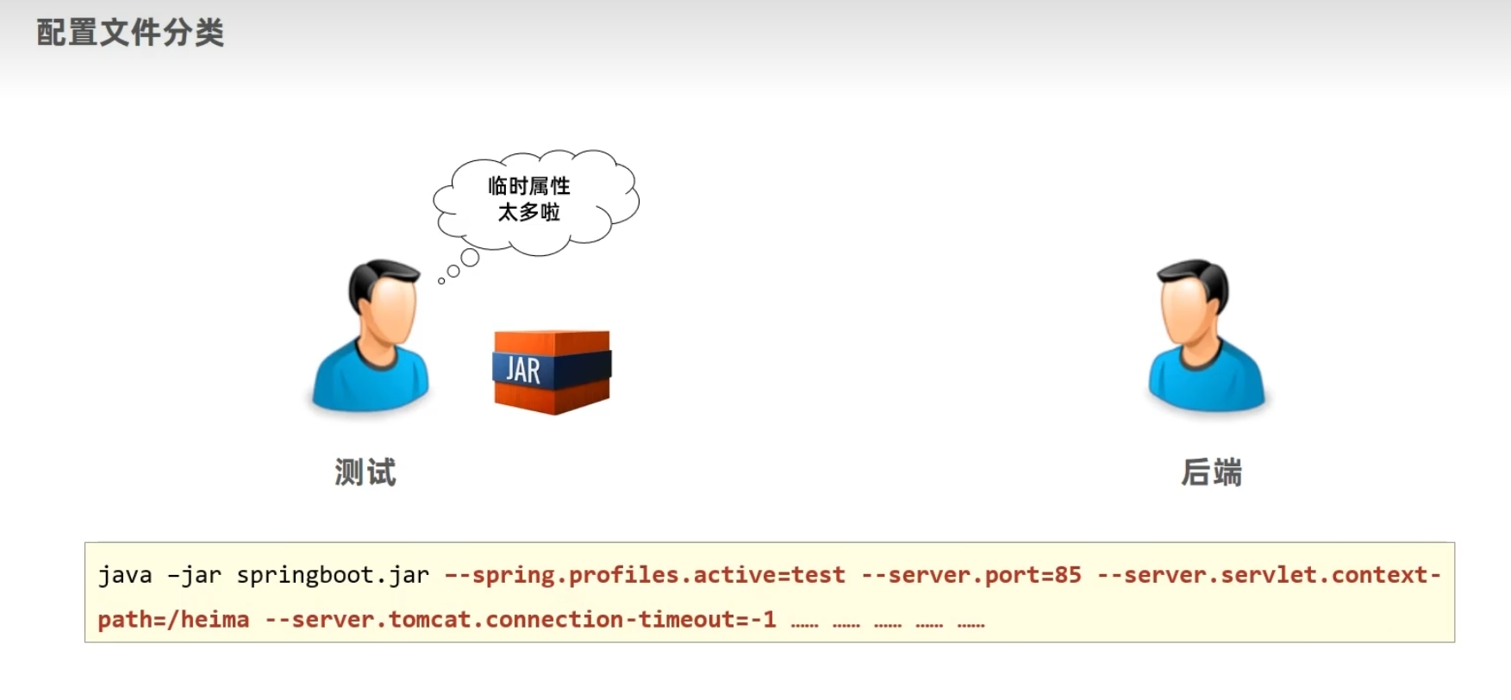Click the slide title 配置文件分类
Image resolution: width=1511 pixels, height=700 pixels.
(130, 33)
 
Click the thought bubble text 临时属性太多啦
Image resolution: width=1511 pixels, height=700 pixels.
(529, 199)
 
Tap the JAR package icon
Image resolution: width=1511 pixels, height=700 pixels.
(552, 371)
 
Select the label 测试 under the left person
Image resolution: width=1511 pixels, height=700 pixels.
(365, 472)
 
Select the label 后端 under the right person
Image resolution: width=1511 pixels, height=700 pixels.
(1211, 472)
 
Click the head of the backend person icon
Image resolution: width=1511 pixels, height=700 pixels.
(1194, 302)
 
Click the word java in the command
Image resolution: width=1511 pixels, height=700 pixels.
(125, 575)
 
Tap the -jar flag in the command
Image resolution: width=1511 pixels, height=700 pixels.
(194, 575)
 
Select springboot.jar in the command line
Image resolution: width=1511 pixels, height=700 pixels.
(333, 575)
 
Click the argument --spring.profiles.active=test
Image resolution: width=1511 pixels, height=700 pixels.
(645, 575)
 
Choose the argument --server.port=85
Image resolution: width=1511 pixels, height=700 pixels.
(971, 575)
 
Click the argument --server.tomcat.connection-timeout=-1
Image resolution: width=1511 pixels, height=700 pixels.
(521, 620)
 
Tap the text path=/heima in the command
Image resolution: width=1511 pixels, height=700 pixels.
(172, 620)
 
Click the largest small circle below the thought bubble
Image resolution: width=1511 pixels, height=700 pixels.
(470, 257)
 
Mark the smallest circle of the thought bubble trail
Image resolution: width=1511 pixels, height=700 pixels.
(441, 281)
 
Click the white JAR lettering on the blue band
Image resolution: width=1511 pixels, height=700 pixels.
(523, 370)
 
